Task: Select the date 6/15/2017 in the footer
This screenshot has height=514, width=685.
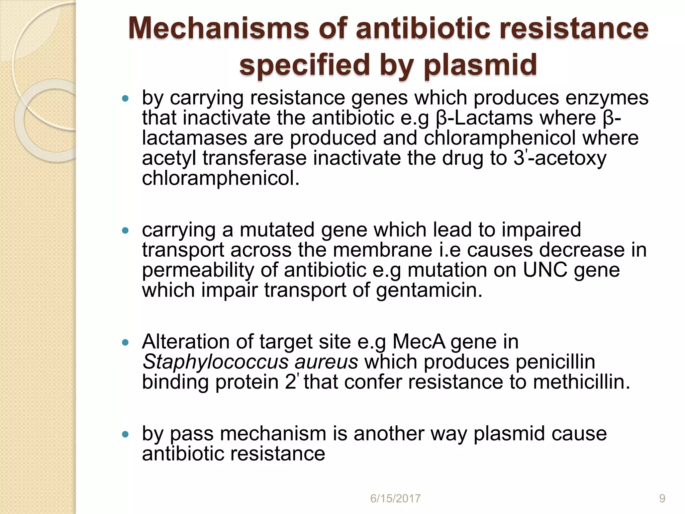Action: [395, 499]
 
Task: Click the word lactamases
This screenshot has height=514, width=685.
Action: [194, 138]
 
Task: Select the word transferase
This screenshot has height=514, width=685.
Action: [255, 158]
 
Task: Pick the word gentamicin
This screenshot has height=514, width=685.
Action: [429, 290]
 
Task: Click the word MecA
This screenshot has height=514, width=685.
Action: [419, 342]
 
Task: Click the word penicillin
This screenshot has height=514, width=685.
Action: [555, 362]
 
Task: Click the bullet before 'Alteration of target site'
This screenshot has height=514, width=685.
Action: [125, 342]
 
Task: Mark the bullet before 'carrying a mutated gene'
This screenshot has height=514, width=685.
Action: [125, 231]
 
